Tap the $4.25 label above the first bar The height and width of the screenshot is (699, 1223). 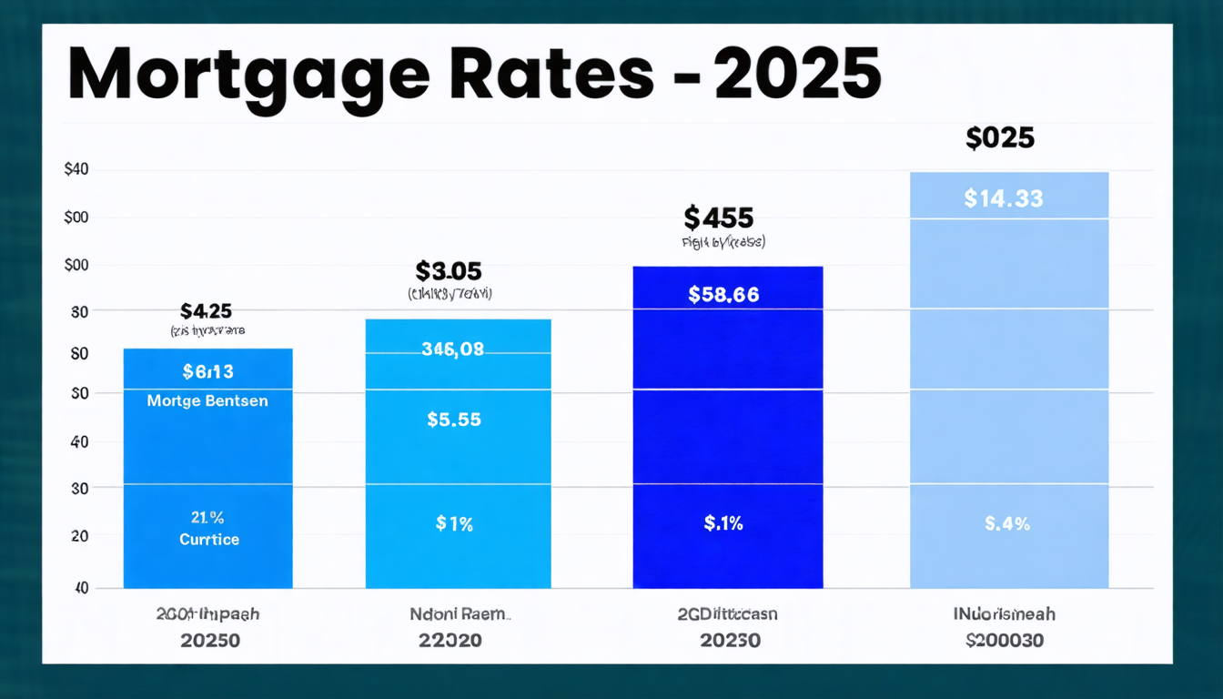(207, 311)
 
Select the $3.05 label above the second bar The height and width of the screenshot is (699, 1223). (449, 270)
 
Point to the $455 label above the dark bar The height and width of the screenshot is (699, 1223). (718, 218)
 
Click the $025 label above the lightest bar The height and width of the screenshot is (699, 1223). (1000, 138)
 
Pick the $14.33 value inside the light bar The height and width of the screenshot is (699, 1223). (1003, 198)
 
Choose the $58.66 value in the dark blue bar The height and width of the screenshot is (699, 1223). (723, 294)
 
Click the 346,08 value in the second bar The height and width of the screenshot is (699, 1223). (452, 348)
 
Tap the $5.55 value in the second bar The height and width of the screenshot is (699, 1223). (453, 420)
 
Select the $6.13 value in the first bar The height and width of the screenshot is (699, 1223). (207, 370)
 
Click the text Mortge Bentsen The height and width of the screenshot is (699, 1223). (207, 400)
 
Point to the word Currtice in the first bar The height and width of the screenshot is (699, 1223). (208, 539)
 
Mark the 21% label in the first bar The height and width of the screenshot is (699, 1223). (207, 518)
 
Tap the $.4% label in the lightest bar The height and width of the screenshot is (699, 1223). (1007, 523)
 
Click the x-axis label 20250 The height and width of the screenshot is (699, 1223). (210, 640)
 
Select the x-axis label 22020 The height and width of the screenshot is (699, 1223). (450, 640)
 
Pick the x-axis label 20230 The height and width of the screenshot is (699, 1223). (730, 640)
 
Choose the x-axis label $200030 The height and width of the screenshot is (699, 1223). (1005, 640)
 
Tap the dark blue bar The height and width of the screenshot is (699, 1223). (727, 437)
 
